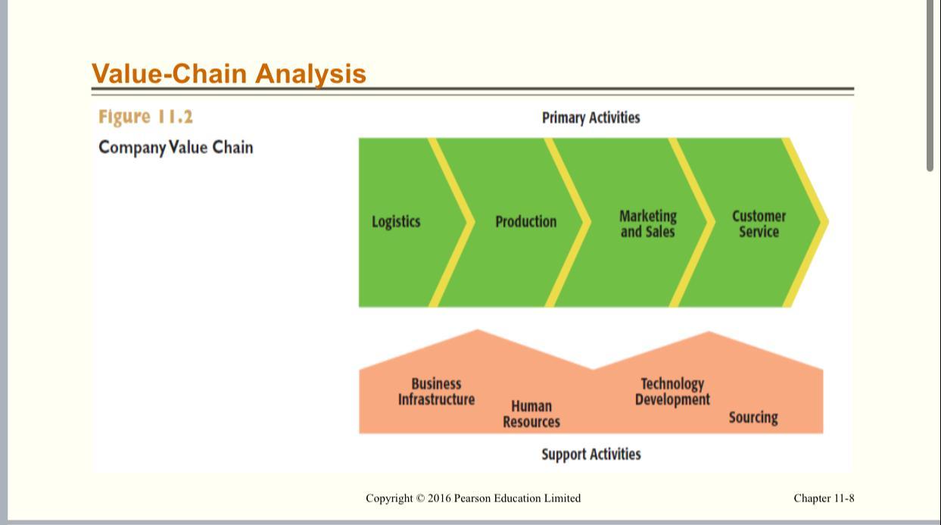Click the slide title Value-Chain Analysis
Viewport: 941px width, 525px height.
(x=229, y=73)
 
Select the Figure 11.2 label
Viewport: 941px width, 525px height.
(x=145, y=117)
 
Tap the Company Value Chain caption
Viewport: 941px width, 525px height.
(x=176, y=147)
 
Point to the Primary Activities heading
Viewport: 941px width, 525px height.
(x=590, y=117)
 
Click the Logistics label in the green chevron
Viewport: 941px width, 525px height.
(x=396, y=222)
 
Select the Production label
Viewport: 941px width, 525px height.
(x=525, y=222)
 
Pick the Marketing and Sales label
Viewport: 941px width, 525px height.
(x=647, y=223)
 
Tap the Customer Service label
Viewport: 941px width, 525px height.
(x=759, y=223)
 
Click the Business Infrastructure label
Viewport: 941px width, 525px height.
(x=436, y=392)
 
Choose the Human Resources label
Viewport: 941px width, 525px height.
(x=531, y=414)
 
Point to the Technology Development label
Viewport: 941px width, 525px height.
(x=672, y=392)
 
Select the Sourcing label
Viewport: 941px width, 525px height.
(x=753, y=417)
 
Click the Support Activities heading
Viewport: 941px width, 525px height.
(x=590, y=455)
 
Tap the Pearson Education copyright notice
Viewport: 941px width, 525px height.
(x=473, y=498)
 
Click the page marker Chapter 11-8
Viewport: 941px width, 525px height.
(x=824, y=498)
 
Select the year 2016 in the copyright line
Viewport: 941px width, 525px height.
(x=439, y=498)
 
